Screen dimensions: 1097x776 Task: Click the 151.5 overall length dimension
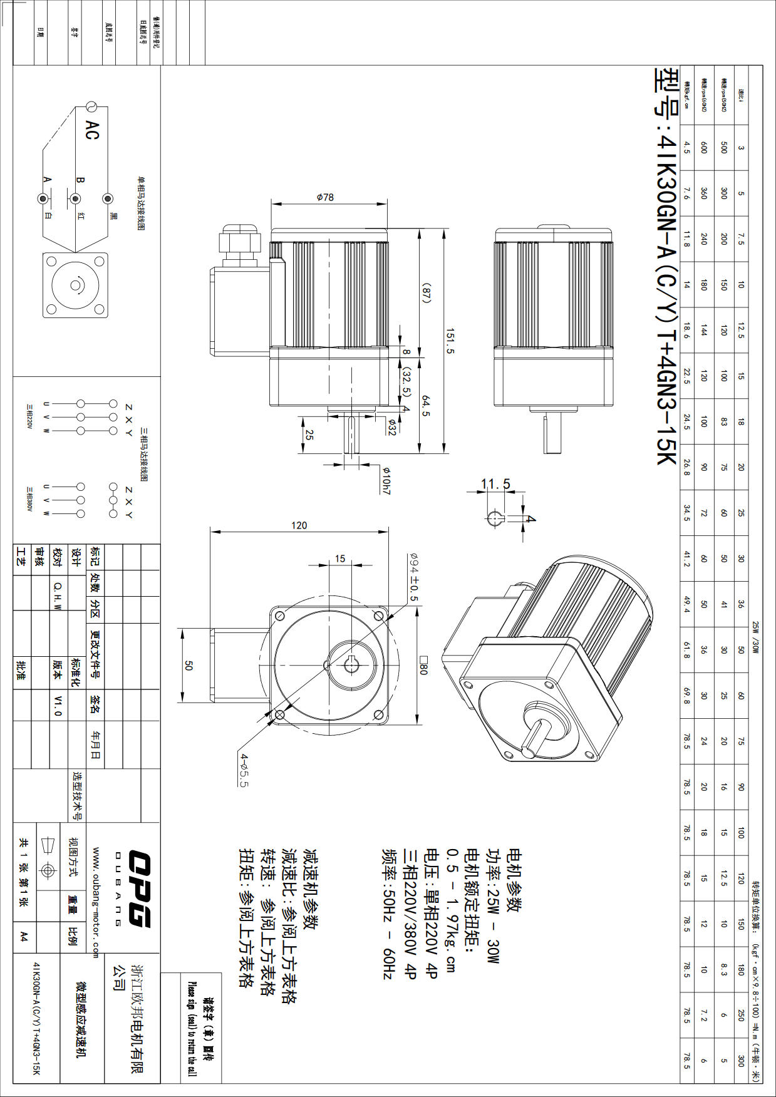coord(450,341)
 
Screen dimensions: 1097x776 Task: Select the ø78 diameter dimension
coord(325,197)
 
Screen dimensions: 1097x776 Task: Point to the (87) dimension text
coord(426,293)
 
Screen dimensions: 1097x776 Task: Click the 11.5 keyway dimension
coord(495,484)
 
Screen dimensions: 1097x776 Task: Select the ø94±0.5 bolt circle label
coord(413,577)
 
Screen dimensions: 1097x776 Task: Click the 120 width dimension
coord(299,525)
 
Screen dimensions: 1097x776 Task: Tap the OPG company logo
coord(140,888)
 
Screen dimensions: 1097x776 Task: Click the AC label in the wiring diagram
coord(92,130)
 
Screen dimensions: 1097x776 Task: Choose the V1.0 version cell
coord(58,705)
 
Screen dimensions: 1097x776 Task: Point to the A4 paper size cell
coord(23,936)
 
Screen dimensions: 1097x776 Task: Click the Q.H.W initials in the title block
coord(58,594)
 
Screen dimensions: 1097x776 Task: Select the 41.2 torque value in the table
coord(686,559)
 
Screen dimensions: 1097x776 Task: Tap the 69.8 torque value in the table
coord(686,696)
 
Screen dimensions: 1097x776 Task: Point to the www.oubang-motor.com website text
coord(95,902)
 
